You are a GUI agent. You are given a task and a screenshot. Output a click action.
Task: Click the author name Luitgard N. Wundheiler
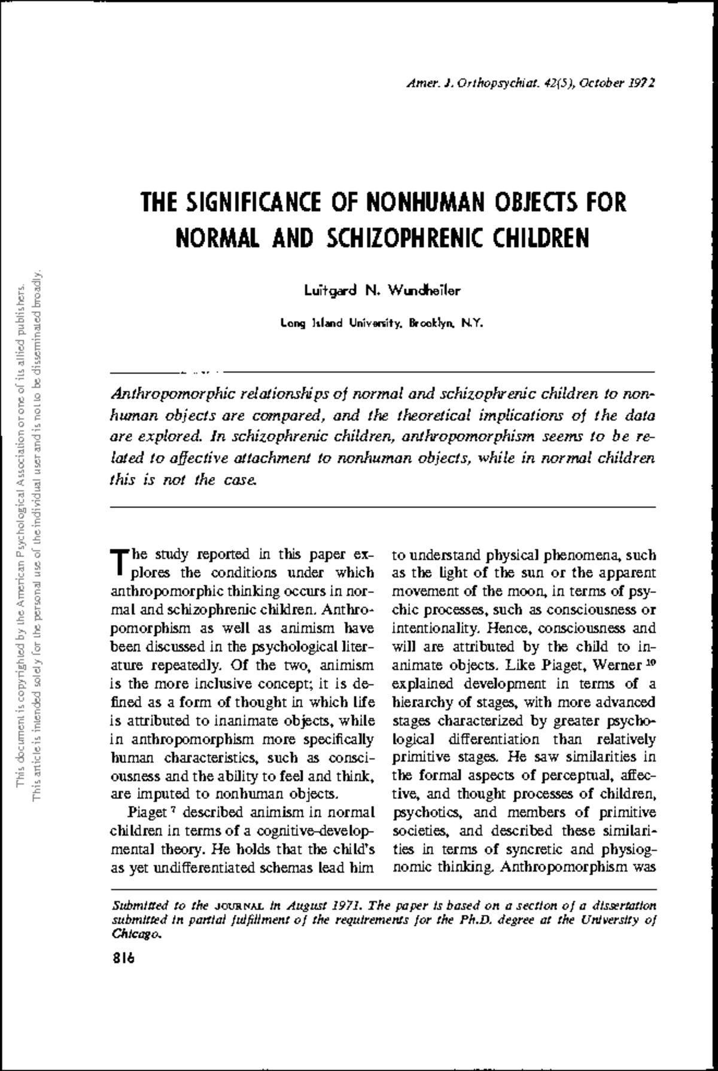tap(383, 291)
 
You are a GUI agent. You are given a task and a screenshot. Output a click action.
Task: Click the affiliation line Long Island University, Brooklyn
tap(381, 324)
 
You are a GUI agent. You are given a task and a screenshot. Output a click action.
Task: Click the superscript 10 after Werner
tap(651, 661)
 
